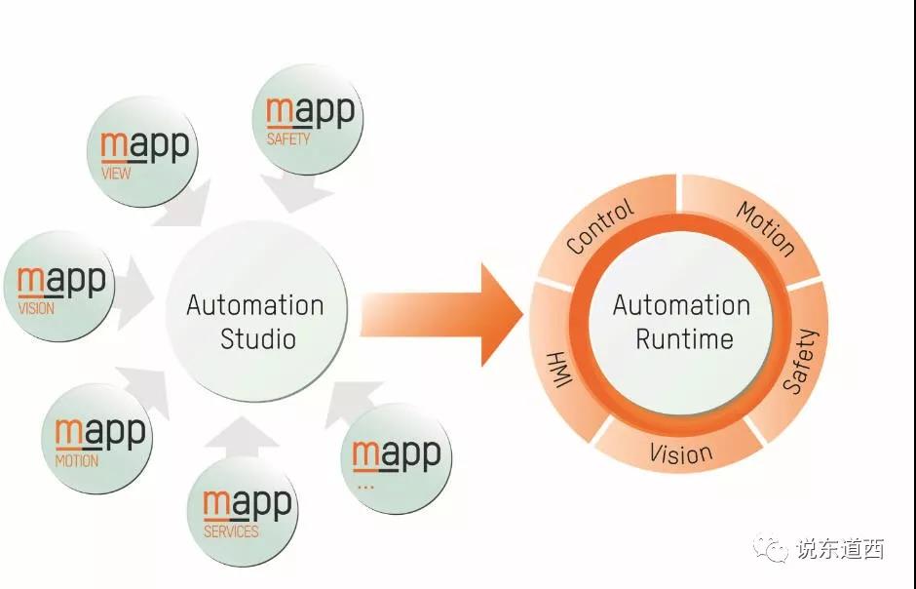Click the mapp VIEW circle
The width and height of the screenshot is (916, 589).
[x=142, y=152]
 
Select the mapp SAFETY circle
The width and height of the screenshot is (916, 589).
[x=307, y=119]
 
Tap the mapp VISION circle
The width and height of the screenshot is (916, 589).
[x=59, y=287]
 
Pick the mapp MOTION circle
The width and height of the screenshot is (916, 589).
[x=97, y=439]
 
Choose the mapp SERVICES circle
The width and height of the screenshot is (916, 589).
[x=243, y=511]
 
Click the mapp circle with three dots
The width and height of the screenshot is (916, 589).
[x=396, y=458]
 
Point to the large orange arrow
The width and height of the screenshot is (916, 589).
[x=441, y=315]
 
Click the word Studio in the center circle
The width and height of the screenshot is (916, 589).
[x=258, y=339]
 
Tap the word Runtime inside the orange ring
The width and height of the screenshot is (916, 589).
[x=684, y=339]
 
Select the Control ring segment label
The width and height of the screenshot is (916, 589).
[x=600, y=226]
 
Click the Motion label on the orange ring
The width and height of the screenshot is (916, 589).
[x=766, y=229]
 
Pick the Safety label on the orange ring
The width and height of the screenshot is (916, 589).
[x=801, y=361]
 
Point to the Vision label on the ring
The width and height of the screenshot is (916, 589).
[x=681, y=453]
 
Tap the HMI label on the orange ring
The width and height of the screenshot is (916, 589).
[x=559, y=370]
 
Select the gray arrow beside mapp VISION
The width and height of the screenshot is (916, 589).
[x=134, y=293]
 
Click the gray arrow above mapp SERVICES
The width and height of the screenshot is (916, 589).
[x=242, y=437]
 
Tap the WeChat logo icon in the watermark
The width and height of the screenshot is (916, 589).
[x=771, y=549]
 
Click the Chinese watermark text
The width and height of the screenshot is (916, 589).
[x=839, y=549]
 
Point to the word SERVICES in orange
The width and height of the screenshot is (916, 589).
[x=231, y=531]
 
